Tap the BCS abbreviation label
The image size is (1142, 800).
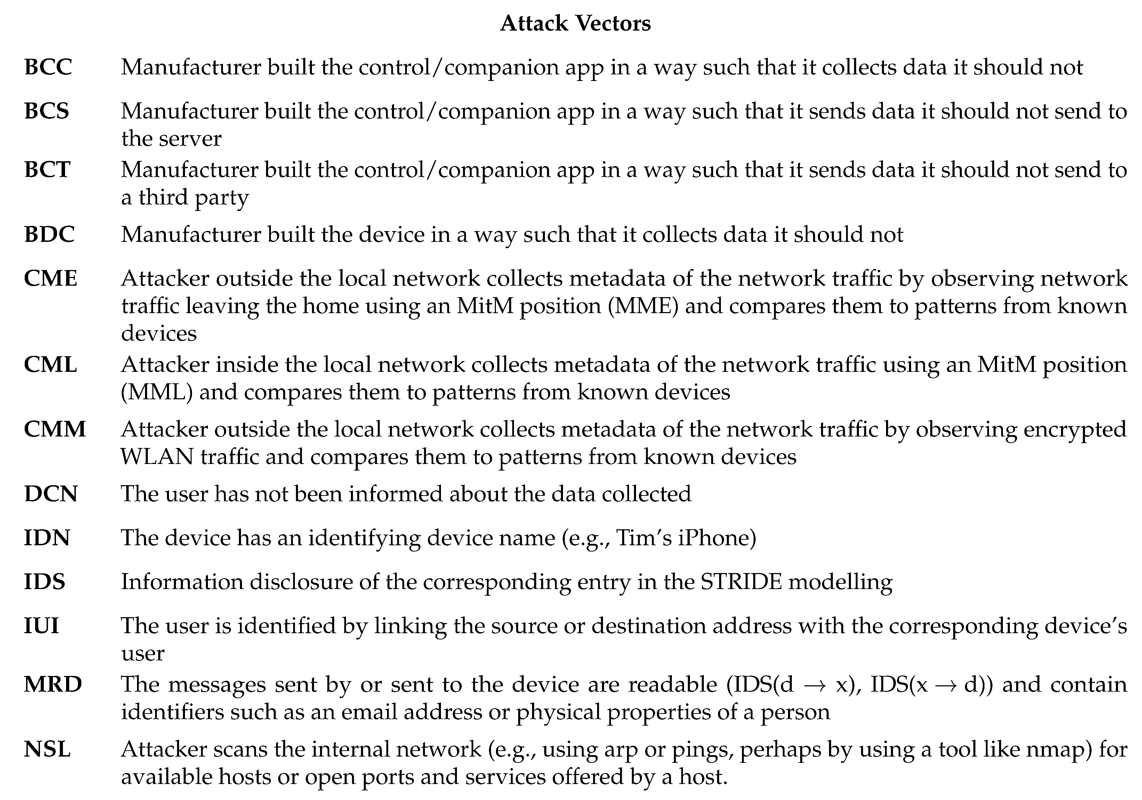pyautogui.click(x=46, y=111)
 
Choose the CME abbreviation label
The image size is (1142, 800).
pyautogui.click(x=50, y=278)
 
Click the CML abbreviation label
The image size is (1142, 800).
pyautogui.click(x=50, y=365)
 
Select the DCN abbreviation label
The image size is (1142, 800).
pyautogui.click(x=50, y=494)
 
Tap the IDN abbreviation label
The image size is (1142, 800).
pyautogui.click(x=47, y=538)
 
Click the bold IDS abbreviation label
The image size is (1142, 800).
pyautogui.click(x=44, y=581)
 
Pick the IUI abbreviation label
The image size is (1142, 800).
pyautogui.click(x=41, y=625)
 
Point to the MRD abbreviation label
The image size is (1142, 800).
pyautogui.click(x=53, y=684)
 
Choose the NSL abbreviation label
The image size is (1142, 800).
pyautogui.click(x=47, y=749)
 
